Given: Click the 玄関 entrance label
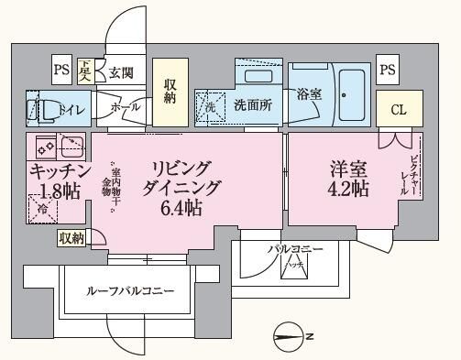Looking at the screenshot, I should click(x=121, y=72).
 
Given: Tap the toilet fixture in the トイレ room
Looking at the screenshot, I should click(x=40, y=109).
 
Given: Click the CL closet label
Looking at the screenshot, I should click(x=398, y=110).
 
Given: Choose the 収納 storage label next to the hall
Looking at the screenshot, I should click(x=170, y=91).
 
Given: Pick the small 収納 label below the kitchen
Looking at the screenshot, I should click(x=71, y=238).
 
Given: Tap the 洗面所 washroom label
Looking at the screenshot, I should click(x=252, y=105).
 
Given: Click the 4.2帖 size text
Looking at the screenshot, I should click(x=349, y=190).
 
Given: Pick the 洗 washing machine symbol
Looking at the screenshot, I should click(x=208, y=107).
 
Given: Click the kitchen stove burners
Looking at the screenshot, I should click(x=56, y=145).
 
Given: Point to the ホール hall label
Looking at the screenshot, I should click(x=126, y=107).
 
